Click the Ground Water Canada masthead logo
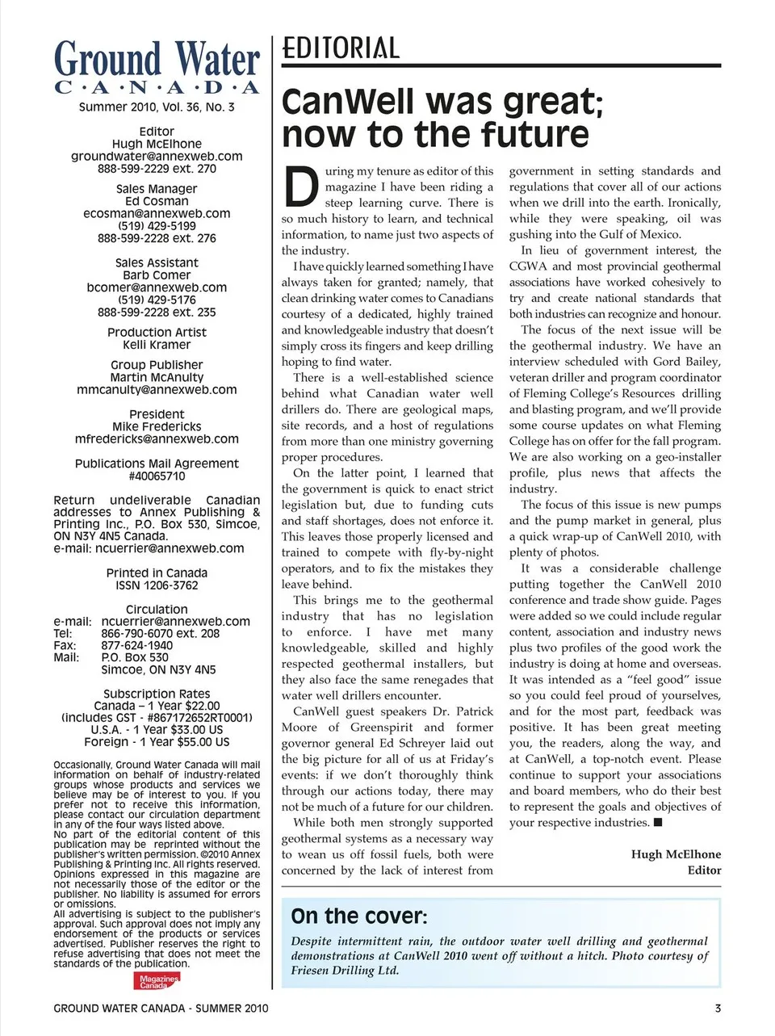[157, 68]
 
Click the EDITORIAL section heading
[340, 48]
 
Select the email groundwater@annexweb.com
[157, 156]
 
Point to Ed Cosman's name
[157, 201]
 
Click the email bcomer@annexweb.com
[157, 287]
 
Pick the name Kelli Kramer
[157, 345]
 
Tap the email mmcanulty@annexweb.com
[157, 389]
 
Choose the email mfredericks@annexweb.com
[157, 439]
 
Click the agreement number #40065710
[157, 476]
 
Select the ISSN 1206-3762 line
[157, 585]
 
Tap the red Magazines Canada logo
[157, 981]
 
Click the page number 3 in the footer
[718, 1008]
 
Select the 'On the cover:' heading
[358, 916]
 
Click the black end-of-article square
[658, 823]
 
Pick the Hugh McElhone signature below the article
[676, 854]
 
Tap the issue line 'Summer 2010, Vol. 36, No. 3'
[157, 107]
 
